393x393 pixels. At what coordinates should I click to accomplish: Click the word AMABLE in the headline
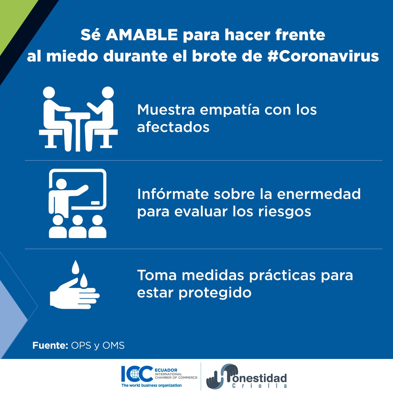[141, 35]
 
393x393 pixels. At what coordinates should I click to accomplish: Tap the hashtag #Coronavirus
[323, 56]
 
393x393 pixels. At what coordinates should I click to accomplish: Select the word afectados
[173, 127]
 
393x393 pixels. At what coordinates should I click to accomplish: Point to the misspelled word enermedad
[319, 194]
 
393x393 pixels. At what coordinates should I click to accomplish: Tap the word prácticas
[282, 275]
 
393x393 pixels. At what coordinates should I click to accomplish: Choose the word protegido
[215, 292]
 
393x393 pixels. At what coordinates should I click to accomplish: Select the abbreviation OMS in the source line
[114, 346]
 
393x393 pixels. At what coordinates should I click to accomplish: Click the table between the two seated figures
[78, 128]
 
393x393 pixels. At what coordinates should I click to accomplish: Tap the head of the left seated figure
[49, 92]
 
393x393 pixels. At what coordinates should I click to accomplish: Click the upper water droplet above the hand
[76, 267]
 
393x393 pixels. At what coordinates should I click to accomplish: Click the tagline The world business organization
[151, 385]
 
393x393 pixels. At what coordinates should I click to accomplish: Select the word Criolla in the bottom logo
[259, 386]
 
